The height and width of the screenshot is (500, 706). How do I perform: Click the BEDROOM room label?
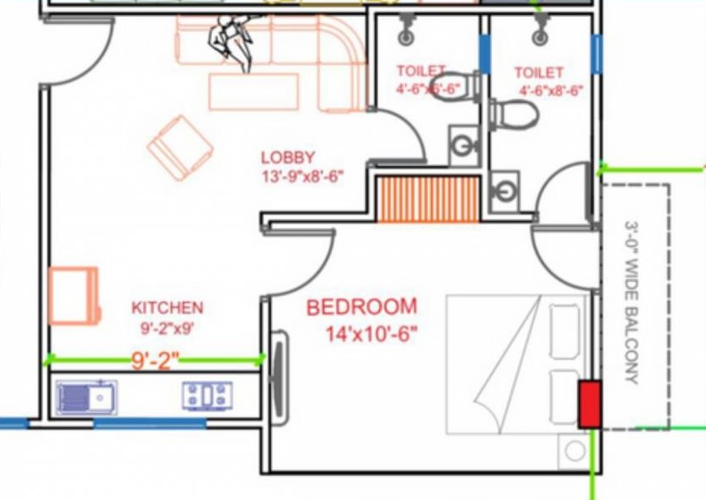click(361, 307)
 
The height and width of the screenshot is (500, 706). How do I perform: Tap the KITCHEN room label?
click(168, 308)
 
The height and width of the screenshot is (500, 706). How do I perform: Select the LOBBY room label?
click(288, 158)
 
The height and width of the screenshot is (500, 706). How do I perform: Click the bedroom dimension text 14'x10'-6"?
click(372, 335)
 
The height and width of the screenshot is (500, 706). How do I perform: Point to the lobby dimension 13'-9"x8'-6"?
click(302, 176)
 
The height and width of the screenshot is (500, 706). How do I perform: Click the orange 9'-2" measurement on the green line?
click(155, 360)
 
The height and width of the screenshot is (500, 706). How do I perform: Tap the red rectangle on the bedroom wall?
click(590, 405)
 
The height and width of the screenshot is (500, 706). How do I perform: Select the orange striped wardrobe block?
click(428, 200)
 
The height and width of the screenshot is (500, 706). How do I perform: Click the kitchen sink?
click(87, 398)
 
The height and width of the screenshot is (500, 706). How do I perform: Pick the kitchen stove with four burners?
click(207, 396)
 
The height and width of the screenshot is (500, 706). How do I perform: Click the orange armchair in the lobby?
click(180, 148)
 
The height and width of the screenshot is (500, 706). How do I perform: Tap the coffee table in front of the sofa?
click(254, 92)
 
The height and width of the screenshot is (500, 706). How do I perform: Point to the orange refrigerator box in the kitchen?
click(74, 296)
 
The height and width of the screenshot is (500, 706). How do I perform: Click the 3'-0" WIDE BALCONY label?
click(631, 302)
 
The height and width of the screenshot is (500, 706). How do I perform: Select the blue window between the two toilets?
click(484, 55)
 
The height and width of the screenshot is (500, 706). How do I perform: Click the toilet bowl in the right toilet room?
click(513, 115)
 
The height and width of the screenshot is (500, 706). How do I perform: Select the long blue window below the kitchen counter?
click(149, 423)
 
